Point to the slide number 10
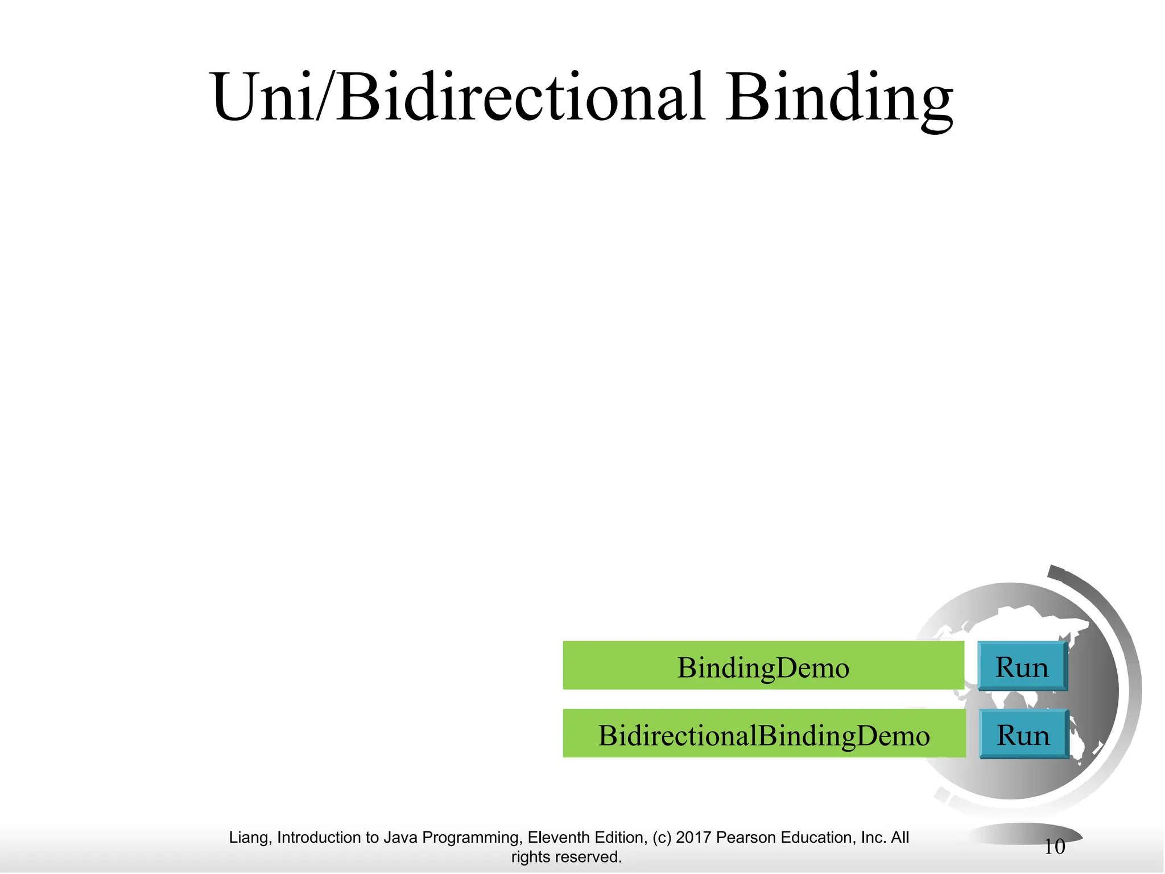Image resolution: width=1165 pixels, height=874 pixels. [1054, 847]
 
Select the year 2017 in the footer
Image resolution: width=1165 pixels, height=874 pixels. [693, 838]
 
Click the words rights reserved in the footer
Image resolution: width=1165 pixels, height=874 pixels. [566, 857]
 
